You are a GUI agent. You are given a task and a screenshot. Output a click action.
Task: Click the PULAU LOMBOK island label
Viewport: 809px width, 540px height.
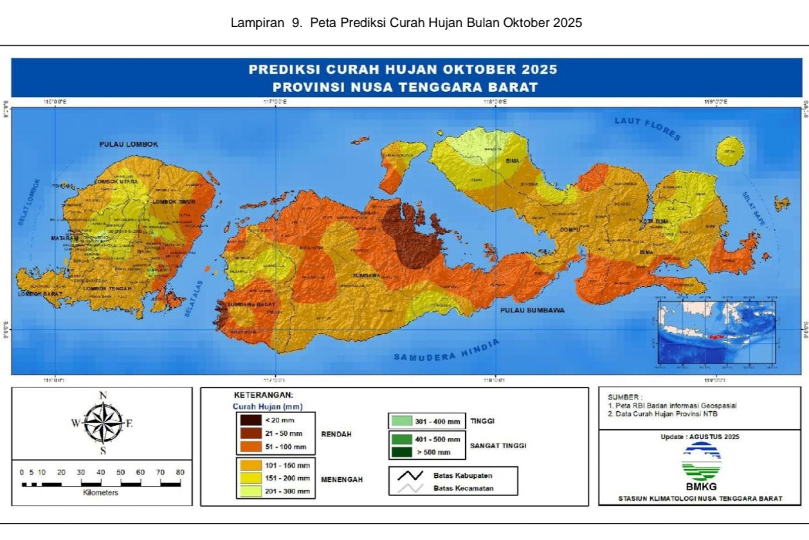129,144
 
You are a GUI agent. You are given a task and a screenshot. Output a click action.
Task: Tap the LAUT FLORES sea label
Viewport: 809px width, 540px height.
647,128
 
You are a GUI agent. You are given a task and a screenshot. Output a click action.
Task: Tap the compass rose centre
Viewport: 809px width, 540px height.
102,424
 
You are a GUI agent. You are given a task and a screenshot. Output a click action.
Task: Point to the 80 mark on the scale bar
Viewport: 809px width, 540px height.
180,473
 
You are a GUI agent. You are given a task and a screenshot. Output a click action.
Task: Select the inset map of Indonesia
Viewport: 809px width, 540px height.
715,333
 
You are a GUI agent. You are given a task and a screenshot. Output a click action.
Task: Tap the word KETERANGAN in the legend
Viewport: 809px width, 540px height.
264,395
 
